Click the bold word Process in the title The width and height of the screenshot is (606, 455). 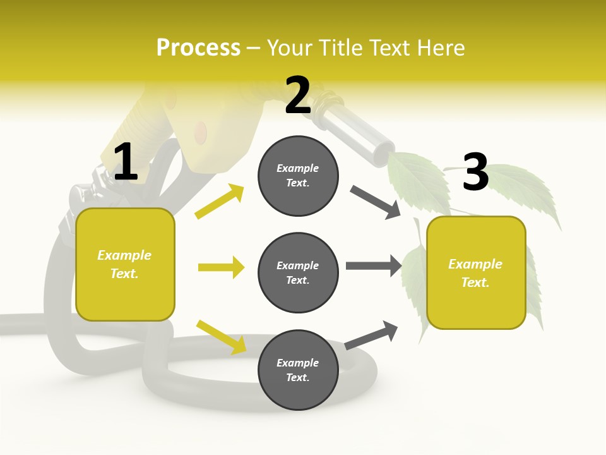(x=198, y=48)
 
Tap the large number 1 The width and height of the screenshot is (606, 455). (x=126, y=162)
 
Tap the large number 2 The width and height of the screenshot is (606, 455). (x=298, y=95)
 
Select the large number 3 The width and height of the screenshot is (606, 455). (x=475, y=173)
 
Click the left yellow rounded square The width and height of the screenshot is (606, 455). (x=125, y=264)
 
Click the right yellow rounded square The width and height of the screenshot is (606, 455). (x=476, y=273)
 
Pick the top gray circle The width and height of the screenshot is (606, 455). (x=298, y=176)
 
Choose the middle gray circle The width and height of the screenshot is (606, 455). (x=298, y=272)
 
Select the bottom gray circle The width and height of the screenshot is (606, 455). (x=298, y=370)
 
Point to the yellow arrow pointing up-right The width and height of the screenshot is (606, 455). (x=220, y=202)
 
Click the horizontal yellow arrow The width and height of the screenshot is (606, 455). (x=221, y=267)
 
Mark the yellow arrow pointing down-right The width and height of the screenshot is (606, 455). (x=221, y=337)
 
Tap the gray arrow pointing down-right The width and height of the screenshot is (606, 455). (x=375, y=202)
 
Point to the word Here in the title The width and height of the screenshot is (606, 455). (x=439, y=48)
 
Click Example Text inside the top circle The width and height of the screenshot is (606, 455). (x=298, y=176)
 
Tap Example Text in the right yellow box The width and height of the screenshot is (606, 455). (x=475, y=273)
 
